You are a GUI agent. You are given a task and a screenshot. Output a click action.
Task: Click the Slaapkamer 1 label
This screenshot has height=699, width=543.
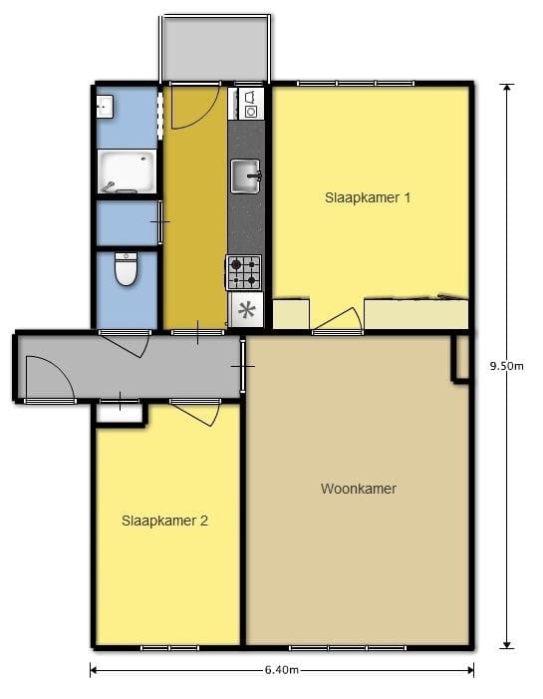[x=368, y=197]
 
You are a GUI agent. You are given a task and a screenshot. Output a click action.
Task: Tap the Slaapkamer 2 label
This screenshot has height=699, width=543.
[x=164, y=521]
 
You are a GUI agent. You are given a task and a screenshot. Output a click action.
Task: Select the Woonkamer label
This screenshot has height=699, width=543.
[x=359, y=489]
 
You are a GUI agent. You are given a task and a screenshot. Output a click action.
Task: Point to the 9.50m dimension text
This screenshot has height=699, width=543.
[x=507, y=366]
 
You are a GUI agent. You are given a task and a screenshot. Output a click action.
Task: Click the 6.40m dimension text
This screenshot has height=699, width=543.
[x=282, y=670]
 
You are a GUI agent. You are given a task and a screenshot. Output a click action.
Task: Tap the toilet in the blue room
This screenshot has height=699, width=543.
[x=126, y=269]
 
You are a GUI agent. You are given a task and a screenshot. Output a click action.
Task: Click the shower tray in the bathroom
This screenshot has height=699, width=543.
[x=127, y=172]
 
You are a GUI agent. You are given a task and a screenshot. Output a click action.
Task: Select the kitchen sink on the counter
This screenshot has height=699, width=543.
[x=245, y=175]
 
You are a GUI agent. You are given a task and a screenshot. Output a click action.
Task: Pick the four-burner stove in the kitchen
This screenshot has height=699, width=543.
[x=245, y=272]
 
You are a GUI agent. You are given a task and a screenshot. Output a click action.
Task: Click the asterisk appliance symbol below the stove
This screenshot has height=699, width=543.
[x=246, y=310]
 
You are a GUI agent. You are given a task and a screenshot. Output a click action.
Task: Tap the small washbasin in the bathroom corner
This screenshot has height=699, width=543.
[x=105, y=105]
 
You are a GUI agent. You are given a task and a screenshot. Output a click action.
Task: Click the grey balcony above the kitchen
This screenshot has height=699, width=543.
[x=215, y=48]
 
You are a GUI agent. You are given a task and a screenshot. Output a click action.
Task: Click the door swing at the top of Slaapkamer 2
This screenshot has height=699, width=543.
[x=197, y=412]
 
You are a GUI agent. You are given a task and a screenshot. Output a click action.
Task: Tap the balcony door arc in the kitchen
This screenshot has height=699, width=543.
[x=191, y=108]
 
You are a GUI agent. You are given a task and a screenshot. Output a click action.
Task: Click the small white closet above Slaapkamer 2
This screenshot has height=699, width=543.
[x=120, y=413]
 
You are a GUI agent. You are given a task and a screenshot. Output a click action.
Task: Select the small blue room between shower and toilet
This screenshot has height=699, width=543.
[x=127, y=222]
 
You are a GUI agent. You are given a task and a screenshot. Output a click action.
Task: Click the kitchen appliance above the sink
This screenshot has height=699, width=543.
[x=249, y=104]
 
